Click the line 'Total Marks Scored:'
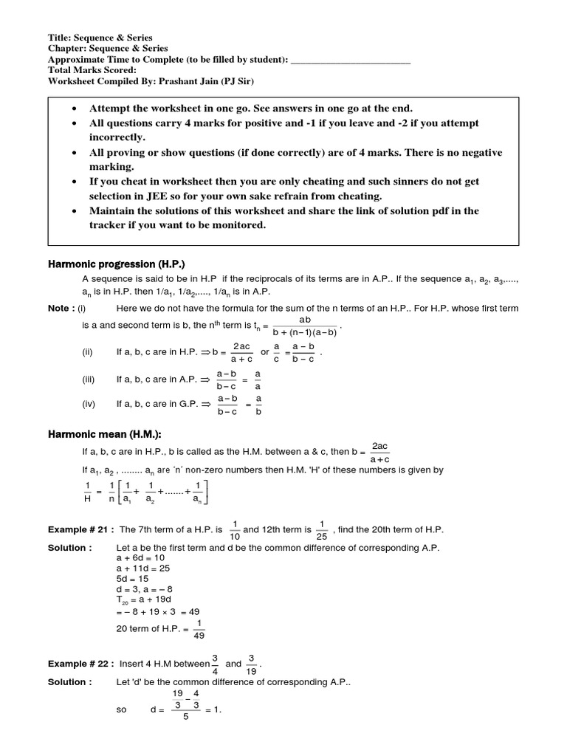click(x=92, y=71)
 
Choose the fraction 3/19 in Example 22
click(x=252, y=664)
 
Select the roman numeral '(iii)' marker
click(x=88, y=379)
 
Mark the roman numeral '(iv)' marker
click(x=88, y=404)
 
